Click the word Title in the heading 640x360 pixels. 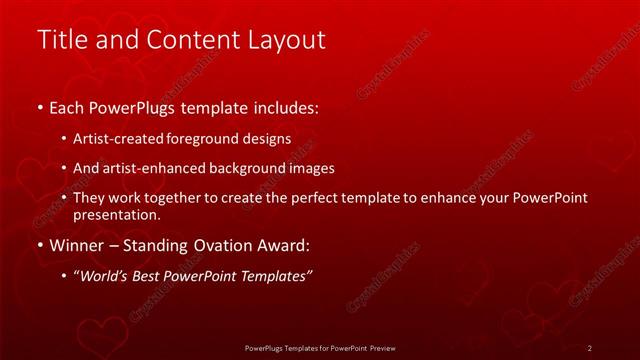coord(58,39)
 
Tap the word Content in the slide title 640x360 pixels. coord(185,39)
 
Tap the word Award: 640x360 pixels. coord(284,245)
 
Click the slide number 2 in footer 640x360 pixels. coord(589,348)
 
